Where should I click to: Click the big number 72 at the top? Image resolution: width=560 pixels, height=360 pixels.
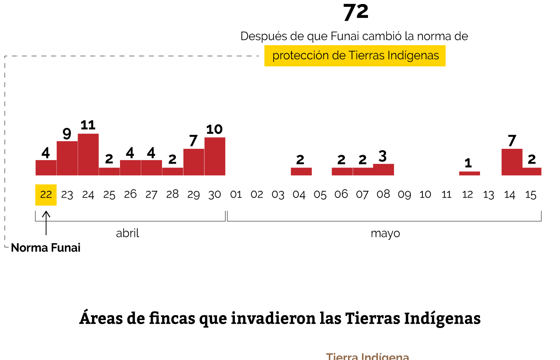click(x=356, y=12)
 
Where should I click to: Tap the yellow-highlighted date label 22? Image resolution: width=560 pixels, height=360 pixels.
click(x=46, y=195)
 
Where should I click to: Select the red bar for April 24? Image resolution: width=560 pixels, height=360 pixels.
click(x=88, y=154)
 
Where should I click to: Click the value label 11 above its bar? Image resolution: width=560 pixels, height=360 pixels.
click(x=88, y=125)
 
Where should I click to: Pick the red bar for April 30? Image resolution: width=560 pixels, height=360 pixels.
click(x=215, y=156)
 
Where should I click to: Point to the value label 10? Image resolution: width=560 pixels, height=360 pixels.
click(x=214, y=129)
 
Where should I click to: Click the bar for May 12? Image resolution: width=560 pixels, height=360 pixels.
click(x=469, y=174)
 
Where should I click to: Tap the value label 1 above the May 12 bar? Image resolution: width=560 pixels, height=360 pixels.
click(x=468, y=163)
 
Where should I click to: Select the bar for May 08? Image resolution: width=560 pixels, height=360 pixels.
click(x=383, y=170)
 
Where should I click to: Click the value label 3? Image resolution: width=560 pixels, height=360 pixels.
click(x=383, y=156)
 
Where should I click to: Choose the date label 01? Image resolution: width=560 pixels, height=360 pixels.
click(x=236, y=195)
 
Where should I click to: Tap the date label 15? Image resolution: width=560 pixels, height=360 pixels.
click(x=530, y=195)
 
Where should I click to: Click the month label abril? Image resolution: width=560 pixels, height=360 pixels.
click(x=128, y=233)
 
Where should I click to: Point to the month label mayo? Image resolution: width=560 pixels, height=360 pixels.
click(x=385, y=233)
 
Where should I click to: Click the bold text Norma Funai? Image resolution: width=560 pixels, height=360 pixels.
click(x=46, y=248)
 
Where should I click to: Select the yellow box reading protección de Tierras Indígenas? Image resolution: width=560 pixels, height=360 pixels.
click(x=355, y=56)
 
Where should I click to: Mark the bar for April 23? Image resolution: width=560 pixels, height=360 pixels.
click(x=67, y=158)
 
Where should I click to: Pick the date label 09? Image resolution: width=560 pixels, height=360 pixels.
click(x=404, y=195)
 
